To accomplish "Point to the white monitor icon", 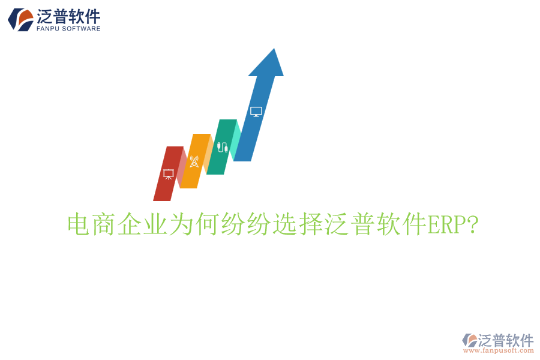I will point(256,111).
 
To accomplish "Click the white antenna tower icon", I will point(194,161).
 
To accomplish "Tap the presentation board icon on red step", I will point(169,174).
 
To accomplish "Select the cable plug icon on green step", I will point(222,147).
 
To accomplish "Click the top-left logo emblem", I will point(20,19).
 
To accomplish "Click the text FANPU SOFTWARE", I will point(68,28).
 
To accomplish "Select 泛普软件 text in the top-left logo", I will point(68,15).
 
